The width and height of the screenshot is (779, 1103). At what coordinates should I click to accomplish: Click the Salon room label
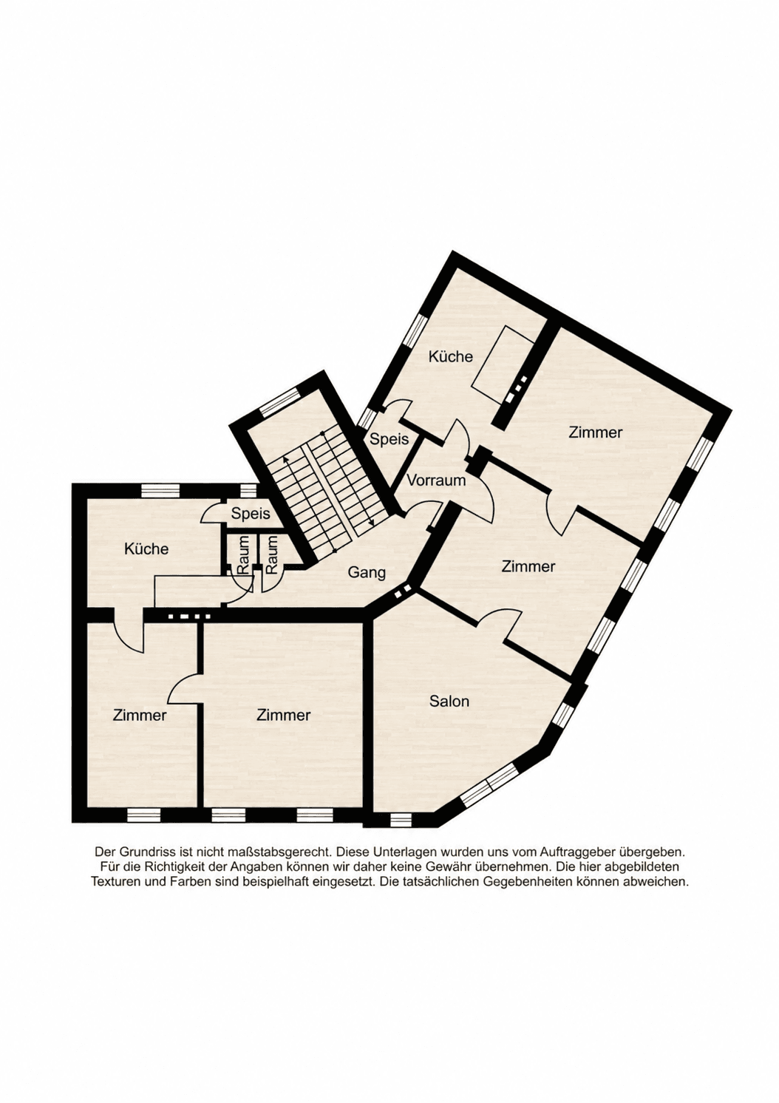click(449, 701)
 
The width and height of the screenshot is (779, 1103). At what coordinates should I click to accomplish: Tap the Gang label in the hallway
click(367, 573)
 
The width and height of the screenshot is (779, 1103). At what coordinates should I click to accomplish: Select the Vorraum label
click(436, 480)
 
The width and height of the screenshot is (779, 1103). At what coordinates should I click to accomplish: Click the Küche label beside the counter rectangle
click(450, 356)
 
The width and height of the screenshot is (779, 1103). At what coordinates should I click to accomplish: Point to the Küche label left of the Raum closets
click(146, 549)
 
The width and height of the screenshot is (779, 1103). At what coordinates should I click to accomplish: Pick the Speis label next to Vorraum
click(389, 439)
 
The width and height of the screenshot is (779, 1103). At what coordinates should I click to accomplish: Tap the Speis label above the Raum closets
click(251, 514)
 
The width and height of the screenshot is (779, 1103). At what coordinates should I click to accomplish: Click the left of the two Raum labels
click(244, 555)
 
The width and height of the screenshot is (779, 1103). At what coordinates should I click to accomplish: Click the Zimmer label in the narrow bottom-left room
click(140, 715)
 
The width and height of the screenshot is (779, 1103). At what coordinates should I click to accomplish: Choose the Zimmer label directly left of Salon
click(283, 715)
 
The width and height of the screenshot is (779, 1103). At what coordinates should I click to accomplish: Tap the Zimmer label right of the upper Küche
click(595, 432)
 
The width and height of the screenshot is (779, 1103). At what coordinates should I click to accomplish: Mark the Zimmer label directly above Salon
click(528, 567)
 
